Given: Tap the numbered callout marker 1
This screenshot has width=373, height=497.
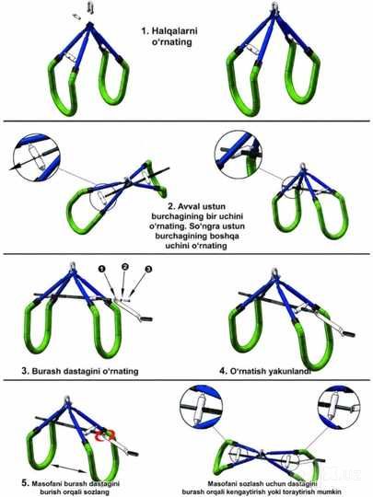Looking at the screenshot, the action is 102,269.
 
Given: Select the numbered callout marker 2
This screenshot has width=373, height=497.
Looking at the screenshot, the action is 125,267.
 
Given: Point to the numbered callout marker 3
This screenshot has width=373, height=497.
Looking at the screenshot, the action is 148,269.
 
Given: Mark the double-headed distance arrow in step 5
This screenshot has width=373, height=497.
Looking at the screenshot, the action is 69,468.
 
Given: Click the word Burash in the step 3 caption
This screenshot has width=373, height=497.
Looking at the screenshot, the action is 47,371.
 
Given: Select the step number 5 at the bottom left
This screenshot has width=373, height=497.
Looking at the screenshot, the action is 26,483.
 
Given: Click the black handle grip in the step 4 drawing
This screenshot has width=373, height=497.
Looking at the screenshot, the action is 349,334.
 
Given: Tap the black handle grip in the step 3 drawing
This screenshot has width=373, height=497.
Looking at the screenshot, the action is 146,318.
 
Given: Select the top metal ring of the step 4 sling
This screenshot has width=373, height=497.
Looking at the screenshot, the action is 274,272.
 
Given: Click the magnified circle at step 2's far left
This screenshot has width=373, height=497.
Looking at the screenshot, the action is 36,157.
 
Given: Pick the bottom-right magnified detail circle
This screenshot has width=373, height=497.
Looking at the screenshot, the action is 339,408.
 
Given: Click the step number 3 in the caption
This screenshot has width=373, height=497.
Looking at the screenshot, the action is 26,371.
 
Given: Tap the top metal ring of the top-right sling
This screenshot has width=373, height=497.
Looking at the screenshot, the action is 274,6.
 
